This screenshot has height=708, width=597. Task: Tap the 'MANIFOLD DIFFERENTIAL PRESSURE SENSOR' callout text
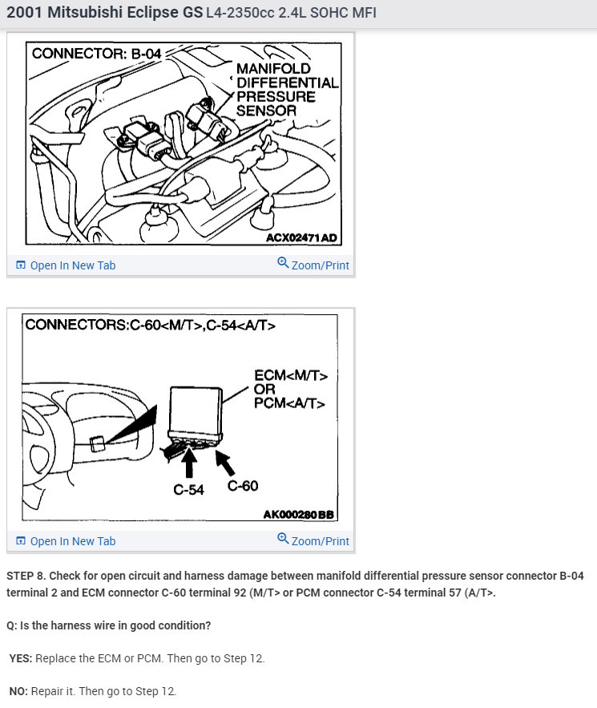click(x=286, y=89)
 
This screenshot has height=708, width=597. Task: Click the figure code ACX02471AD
click(x=302, y=238)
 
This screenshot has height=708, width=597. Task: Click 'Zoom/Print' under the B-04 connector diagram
click(x=313, y=265)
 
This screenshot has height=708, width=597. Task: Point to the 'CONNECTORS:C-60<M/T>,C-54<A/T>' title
click(x=150, y=325)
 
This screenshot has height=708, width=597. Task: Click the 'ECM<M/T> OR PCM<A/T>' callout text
click(x=290, y=390)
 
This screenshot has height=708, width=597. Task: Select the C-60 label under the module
click(x=243, y=485)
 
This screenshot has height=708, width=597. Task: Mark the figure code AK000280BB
click(x=298, y=514)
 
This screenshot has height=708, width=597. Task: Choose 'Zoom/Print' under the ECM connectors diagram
click(x=313, y=540)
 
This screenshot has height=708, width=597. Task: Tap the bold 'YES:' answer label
click(x=22, y=658)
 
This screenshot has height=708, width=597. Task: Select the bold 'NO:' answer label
click(x=19, y=691)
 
